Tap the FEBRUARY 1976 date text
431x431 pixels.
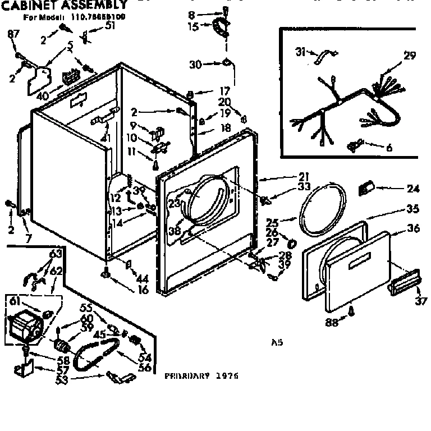(201, 376)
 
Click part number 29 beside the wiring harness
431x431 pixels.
(410, 55)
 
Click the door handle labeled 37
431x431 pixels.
(402, 279)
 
